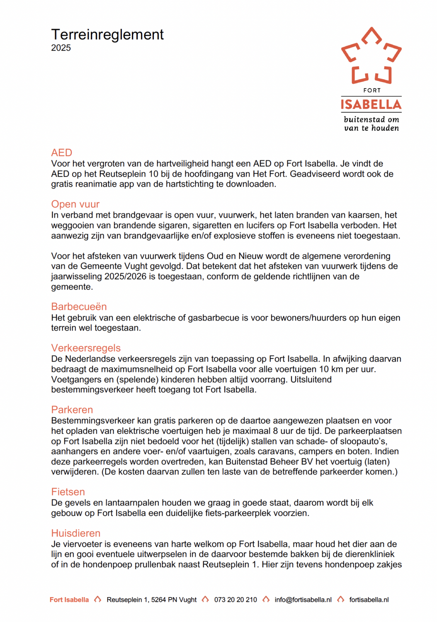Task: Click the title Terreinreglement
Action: point(107,35)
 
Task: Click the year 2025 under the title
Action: point(61,48)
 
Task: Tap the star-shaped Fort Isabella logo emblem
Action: point(371,56)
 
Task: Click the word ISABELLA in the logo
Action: point(371,104)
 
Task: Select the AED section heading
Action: point(62,153)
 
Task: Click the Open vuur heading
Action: point(75,204)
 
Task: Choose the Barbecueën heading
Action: point(79,306)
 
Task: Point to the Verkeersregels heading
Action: point(86,348)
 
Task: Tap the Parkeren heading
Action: point(72,410)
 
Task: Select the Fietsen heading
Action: point(68,492)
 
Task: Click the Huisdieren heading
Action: point(76,533)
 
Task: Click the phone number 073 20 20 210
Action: point(235,600)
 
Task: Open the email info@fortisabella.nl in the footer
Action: point(303,600)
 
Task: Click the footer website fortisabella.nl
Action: point(369,600)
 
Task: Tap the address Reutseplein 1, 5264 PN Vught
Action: point(152,600)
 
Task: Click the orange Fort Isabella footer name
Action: point(69,600)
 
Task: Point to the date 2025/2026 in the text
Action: point(125,277)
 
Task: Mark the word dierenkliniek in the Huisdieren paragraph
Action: point(368,554)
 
